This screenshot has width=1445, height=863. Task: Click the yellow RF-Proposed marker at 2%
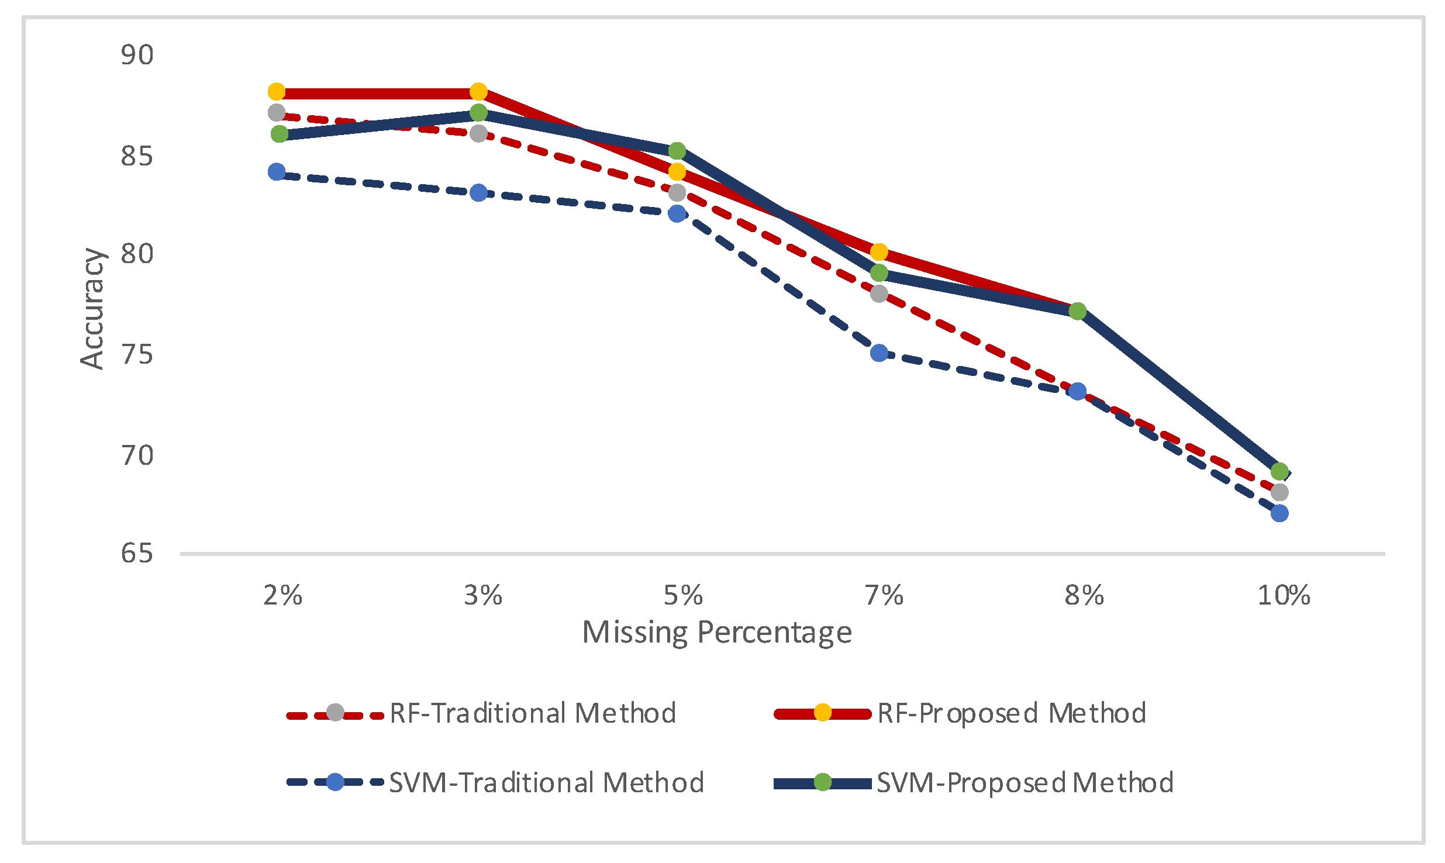coord(277,92)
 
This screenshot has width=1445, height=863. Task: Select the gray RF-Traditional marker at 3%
coord(478,133)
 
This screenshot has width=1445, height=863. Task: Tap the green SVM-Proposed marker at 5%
coord(677,151)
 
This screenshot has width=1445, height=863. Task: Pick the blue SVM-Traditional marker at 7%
coord(879,353)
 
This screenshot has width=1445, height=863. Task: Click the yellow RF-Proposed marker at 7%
coord(879,252)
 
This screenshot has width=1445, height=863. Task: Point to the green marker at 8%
coord(1077,311)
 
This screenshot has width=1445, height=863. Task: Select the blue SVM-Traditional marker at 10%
coord(1280,513)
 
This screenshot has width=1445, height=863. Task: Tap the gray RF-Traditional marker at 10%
coord(1280,492)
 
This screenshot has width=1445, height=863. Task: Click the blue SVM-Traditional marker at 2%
coord(277,172)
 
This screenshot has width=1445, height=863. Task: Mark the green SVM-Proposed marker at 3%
coord(478,112)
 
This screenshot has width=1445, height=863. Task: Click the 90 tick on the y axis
coord(137,55)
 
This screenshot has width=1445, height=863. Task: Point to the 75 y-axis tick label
coord(137,354)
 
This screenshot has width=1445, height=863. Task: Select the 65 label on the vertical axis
coord(137,553)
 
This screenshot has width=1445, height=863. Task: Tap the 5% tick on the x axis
coord(682,596)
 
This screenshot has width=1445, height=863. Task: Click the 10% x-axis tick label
coord(1284,596)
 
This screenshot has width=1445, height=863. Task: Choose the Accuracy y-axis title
coord(92,309)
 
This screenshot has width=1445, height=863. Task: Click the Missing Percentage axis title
coord(717,633)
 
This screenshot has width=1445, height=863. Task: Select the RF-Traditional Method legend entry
coord(532,713)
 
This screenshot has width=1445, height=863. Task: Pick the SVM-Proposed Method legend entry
coord(1025,782)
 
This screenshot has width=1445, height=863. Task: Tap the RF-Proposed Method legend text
coord(1012,713)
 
